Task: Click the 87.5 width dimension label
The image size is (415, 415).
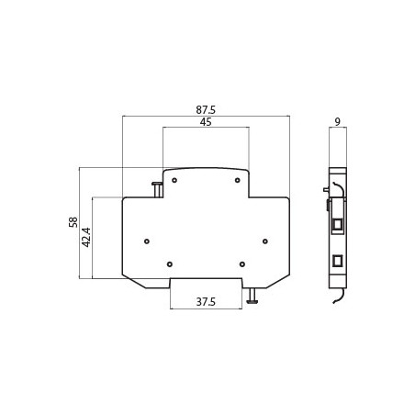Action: point(206,109)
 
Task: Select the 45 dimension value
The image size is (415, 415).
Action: point(205,122)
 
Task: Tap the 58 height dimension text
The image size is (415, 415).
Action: point(73,222)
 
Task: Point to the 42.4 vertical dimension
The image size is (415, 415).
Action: point(87,237)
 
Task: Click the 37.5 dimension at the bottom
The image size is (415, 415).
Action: point(205,302)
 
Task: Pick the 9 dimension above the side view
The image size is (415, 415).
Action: point(338,121)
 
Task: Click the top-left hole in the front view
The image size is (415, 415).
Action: point(174,180)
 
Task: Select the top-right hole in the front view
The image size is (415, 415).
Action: point(237,180)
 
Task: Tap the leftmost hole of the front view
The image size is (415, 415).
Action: point(147,241)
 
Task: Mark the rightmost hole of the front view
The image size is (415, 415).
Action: point(264,241)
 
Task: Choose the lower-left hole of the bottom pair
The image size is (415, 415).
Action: point(170,264)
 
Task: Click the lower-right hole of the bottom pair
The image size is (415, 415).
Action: point(241,264)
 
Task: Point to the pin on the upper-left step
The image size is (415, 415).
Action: point(157,189)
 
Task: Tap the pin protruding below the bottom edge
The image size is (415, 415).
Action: point(252,296)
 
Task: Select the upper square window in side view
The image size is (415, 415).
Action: point(337,223)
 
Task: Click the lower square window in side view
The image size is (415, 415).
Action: point(337,261)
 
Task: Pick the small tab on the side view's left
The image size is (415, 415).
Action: point(326,191)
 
